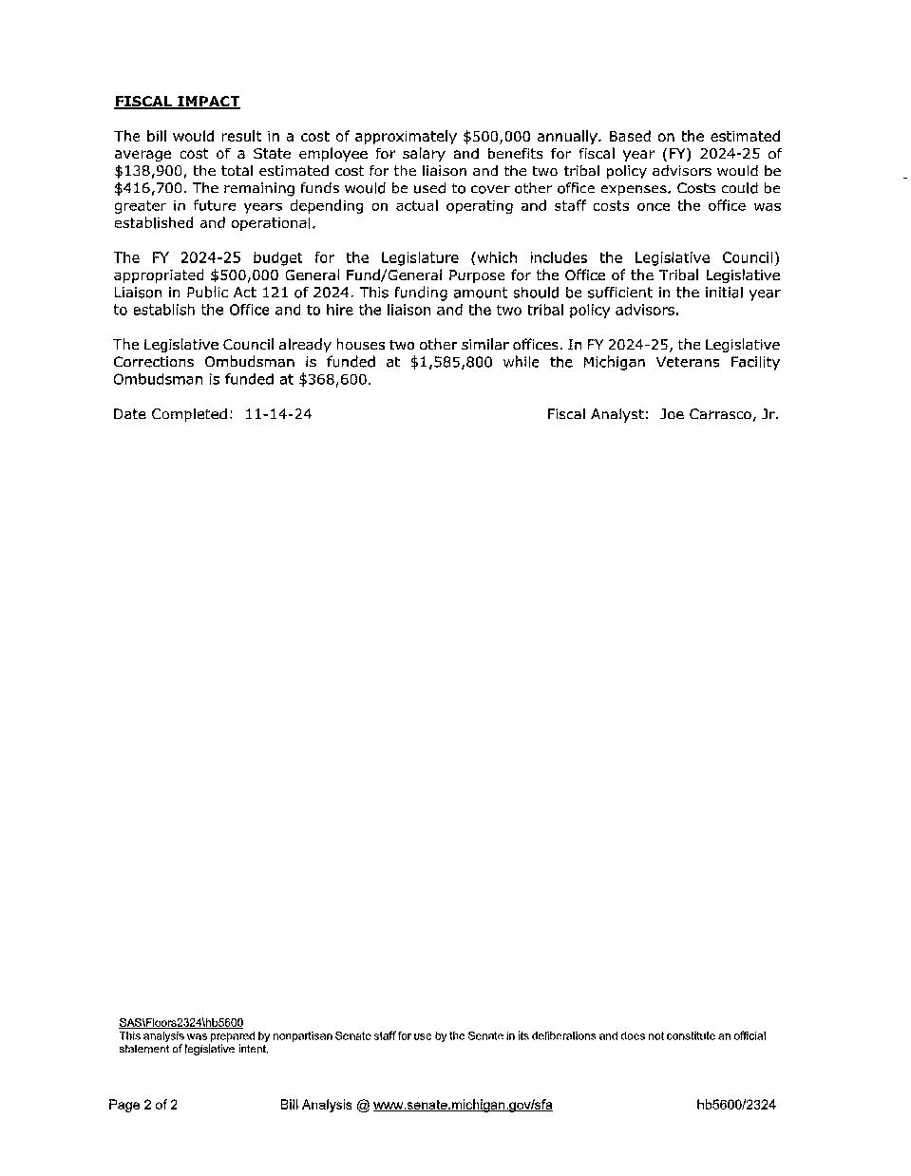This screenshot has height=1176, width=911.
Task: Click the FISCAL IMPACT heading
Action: (177, 102)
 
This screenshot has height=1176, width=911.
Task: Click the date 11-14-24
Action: (278, 414)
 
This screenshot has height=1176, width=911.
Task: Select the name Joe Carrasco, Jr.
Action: (719, 414)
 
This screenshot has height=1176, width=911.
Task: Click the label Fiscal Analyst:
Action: (598, 414)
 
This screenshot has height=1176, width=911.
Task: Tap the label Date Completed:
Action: (172, 414)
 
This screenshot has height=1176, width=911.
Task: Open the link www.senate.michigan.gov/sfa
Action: (463, 1105)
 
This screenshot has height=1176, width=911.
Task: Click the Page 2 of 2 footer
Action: (142, 1105)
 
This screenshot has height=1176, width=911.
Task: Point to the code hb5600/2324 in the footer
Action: (736, 1105)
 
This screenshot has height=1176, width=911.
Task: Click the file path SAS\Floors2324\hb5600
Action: (180, 1022)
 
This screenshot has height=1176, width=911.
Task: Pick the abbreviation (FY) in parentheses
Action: (648, 154)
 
